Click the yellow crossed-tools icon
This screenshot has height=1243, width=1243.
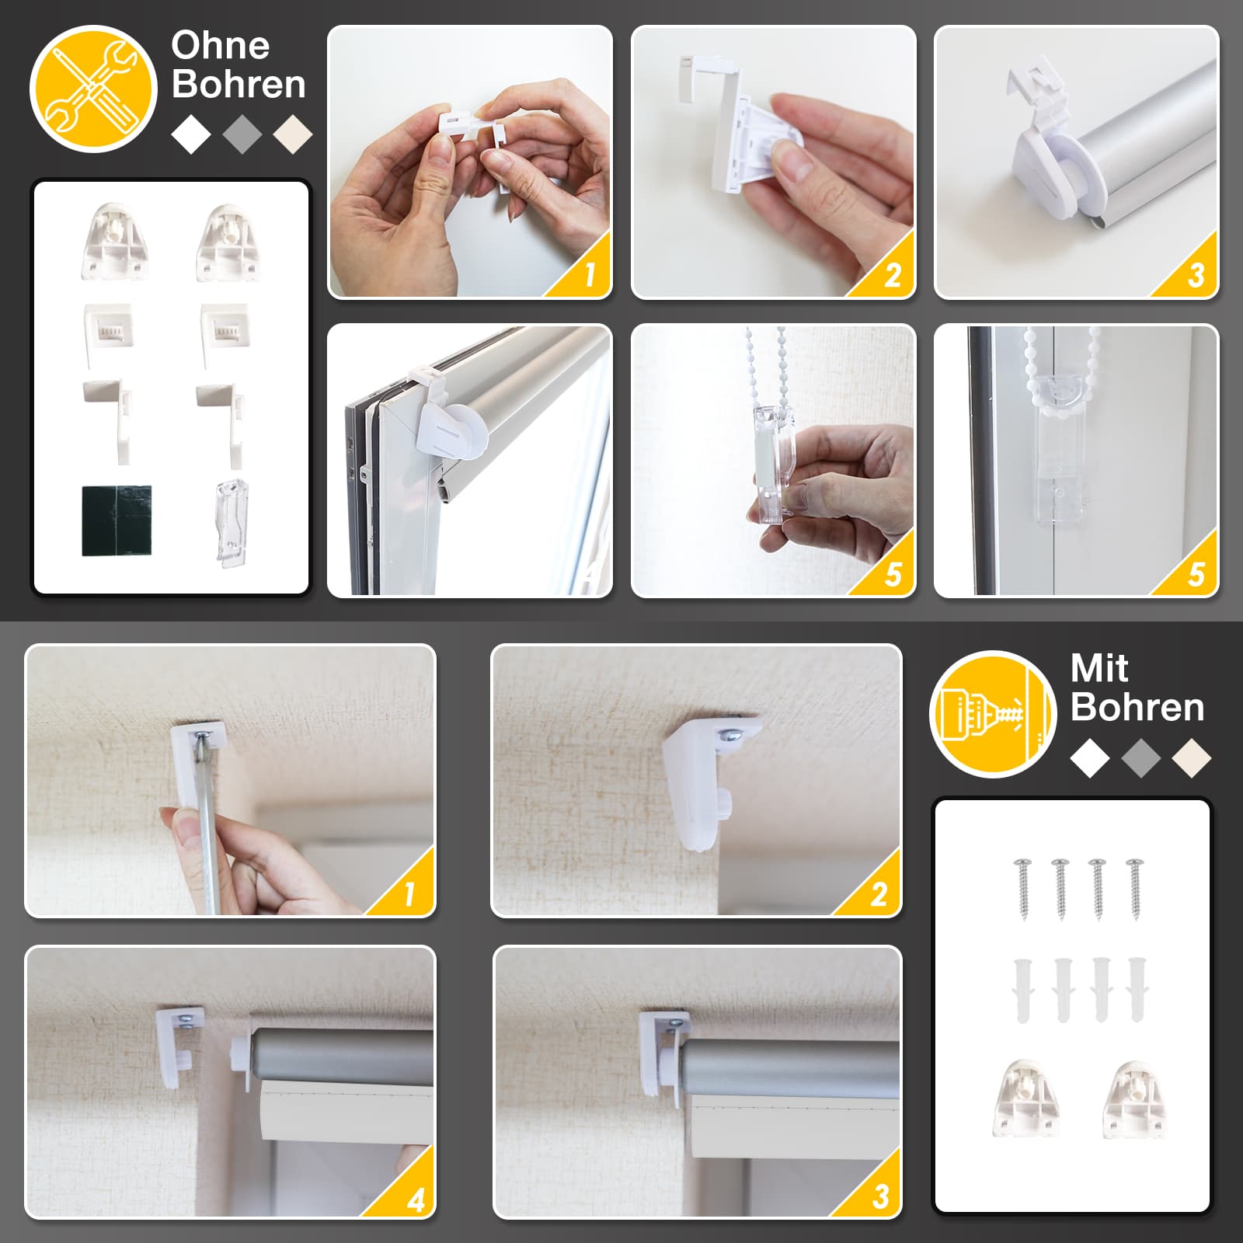click(93, 89)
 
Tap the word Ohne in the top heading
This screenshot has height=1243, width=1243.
click(221, 46)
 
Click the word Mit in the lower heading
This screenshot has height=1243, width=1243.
click(1099, 668)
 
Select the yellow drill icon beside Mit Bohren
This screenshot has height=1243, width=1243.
click(993, 714)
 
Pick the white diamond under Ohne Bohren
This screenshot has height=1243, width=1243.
click(191, 134)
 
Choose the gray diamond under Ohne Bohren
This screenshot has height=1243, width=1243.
click(242, 134)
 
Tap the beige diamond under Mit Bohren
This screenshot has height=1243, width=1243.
click(1192, 758)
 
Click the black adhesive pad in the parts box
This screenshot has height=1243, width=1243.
click(117, 521)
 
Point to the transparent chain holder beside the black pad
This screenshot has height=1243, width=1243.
click(231, 522)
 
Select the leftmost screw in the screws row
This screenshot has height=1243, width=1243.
click(1023, 889)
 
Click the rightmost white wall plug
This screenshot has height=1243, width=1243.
click(1137, 990)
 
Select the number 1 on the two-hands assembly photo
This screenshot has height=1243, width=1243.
click(590, 274)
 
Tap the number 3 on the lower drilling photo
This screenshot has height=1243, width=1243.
click(880, 1197)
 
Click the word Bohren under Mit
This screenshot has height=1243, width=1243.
click(1137, 708)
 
